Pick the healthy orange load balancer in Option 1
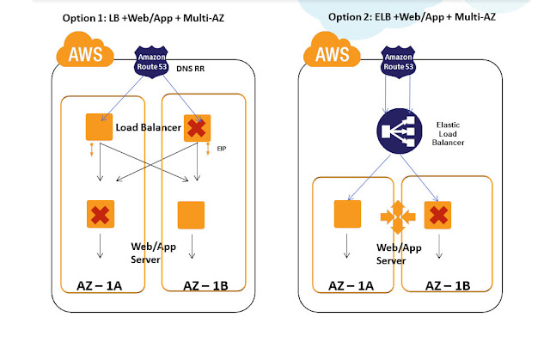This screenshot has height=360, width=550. pos(98,127)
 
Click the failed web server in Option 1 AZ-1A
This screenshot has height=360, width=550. pos(99,214)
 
